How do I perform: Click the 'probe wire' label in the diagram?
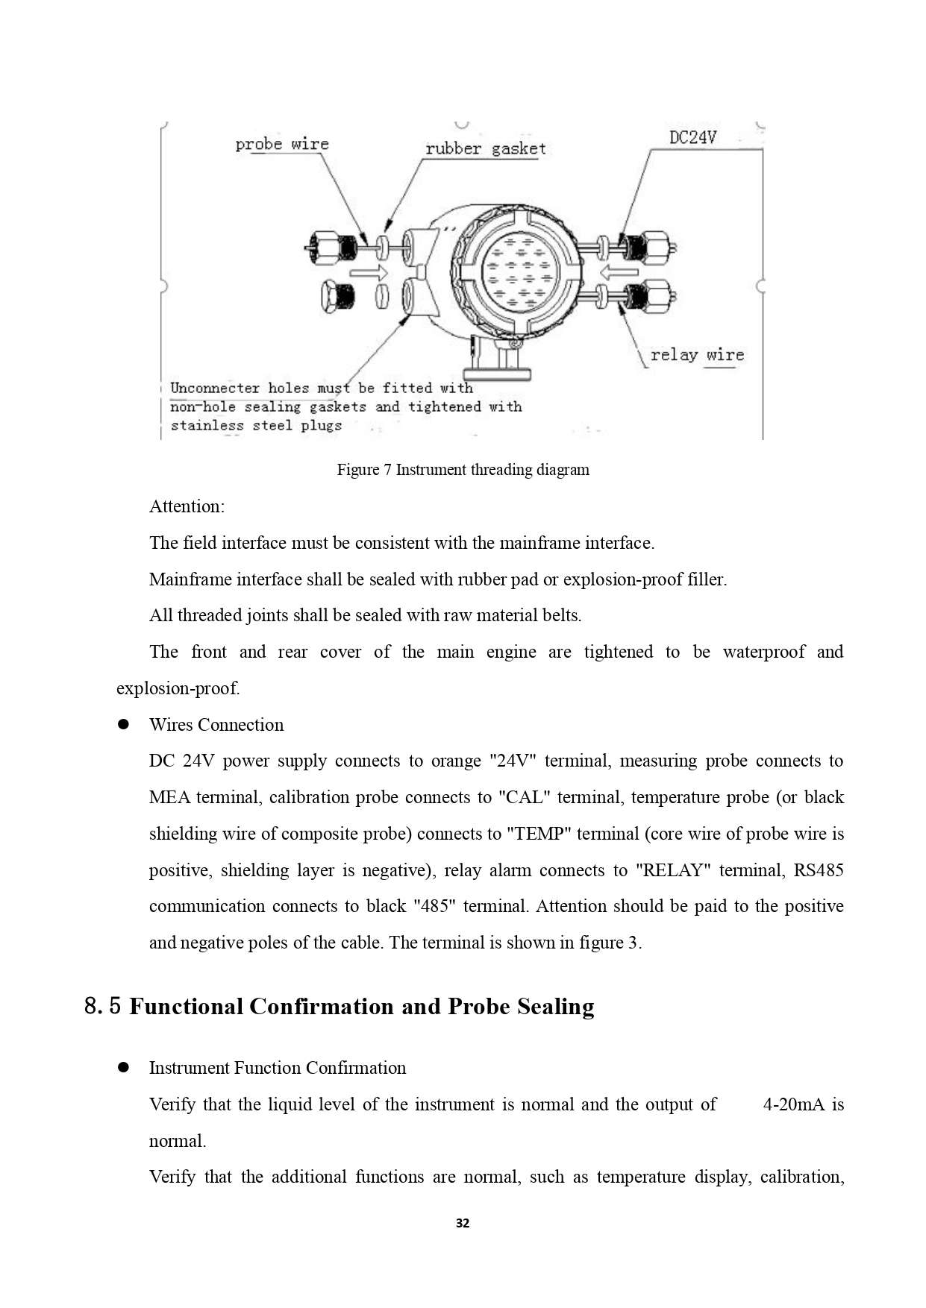(282, 144)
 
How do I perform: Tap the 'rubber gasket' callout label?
(485, 148)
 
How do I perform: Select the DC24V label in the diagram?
(692, 137)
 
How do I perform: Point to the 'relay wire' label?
(697, 355)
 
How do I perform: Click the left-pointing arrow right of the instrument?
(619, 271)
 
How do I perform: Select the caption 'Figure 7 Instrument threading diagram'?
(463, 470)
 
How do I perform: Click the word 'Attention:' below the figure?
(187, 506)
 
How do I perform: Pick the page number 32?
(463, 1223)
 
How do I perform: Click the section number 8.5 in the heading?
(102, 1007)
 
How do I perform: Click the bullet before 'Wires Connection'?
(124, 724)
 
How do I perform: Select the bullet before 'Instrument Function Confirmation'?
(124, 1067)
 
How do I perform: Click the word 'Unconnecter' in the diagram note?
(215, 388)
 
